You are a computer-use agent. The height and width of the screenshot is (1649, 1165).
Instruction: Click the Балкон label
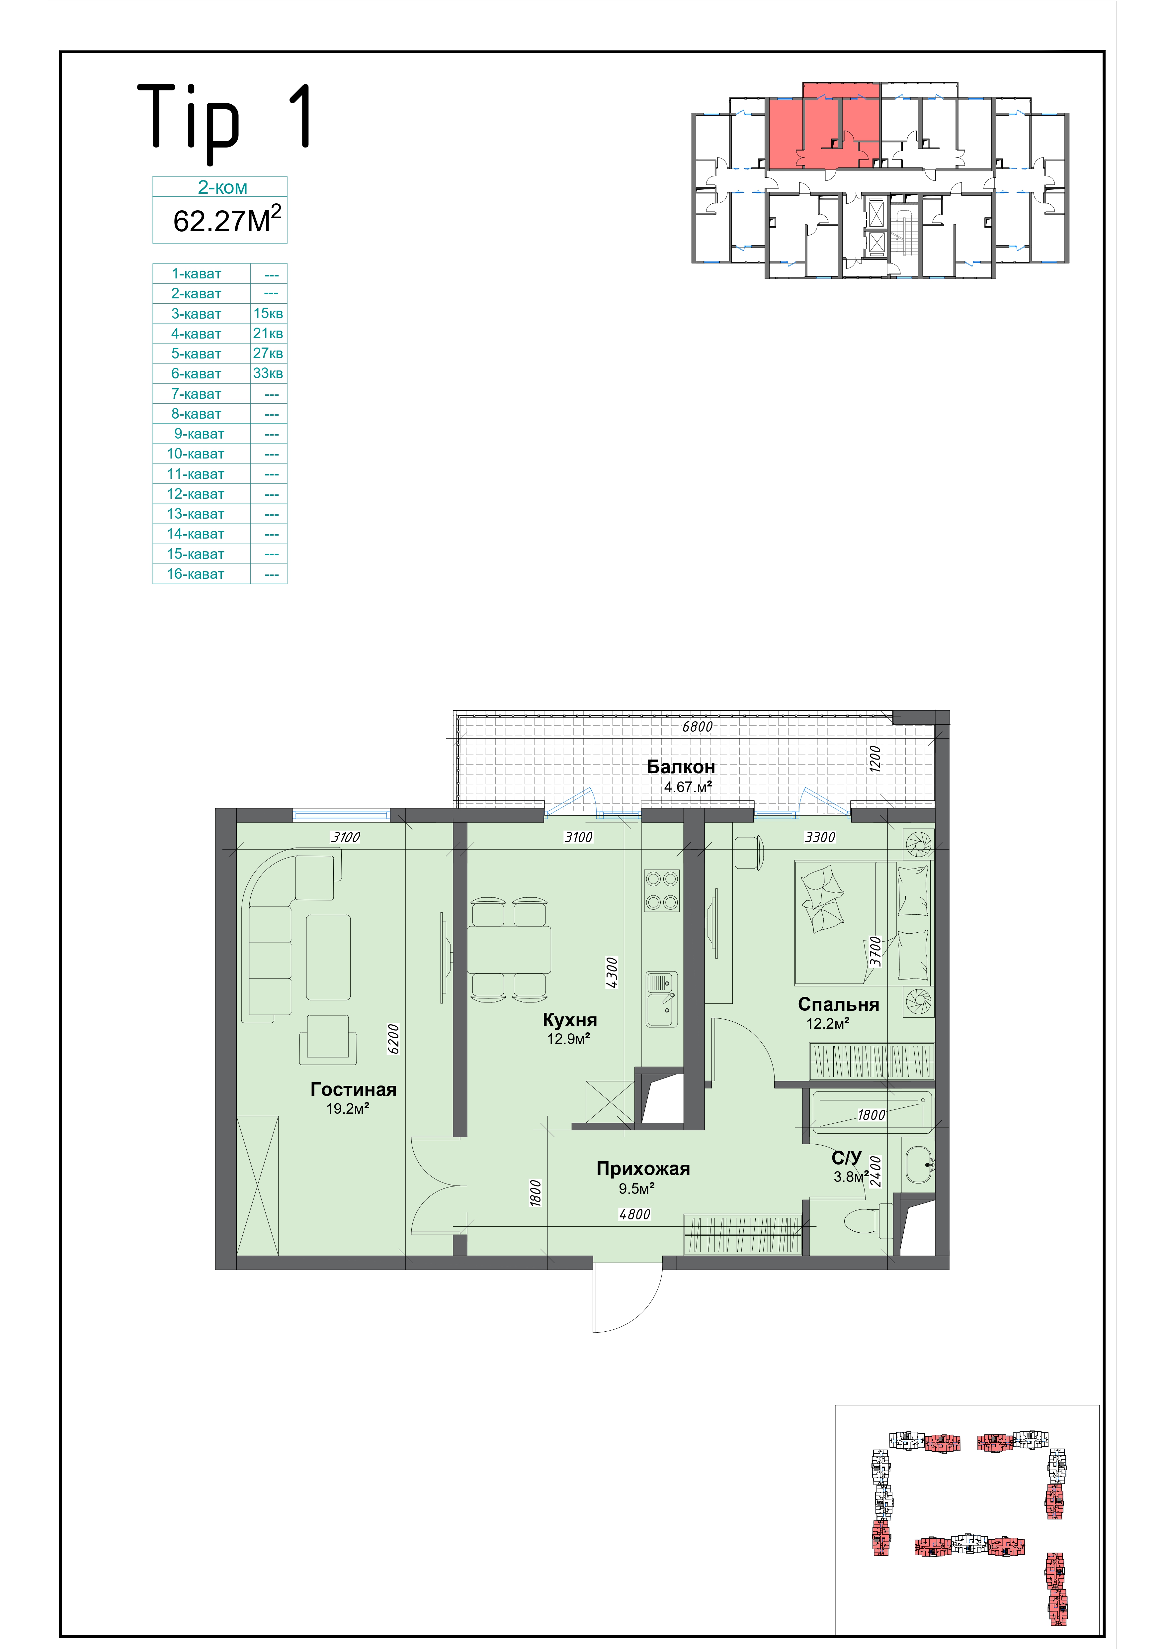pos(681,766)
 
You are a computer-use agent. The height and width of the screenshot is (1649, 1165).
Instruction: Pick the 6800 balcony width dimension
pos(697,726)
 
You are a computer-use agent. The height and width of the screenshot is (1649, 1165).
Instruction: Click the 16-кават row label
pos(195,574)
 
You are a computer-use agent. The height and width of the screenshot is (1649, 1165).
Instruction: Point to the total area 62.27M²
pos(227,219)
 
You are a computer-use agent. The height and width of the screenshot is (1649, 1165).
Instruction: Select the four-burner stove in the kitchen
pos(661,890)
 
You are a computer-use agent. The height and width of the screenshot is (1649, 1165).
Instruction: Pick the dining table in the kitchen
pos(509,950)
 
